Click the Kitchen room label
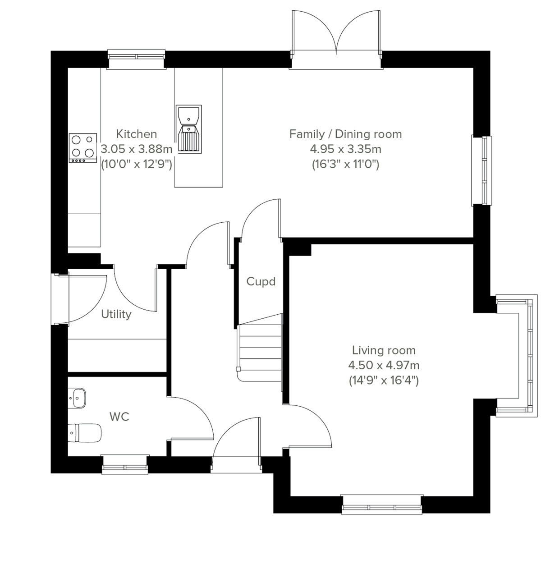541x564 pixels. click(x=137, y=134)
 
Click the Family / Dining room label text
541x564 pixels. click(x=345, y=134)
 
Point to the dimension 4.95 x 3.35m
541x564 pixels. click(x=345, y=149)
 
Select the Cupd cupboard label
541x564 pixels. click(x=261, y=282)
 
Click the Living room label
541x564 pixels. click(x=384, y=350)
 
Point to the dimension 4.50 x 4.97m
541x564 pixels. click(x=384, y=365)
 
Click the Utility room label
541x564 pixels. click(x=116, y=314)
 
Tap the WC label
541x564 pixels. click(x=119, y=417)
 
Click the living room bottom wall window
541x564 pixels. click(x=382, y=505)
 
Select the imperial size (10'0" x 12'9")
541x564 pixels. click(x=137, y=164)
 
